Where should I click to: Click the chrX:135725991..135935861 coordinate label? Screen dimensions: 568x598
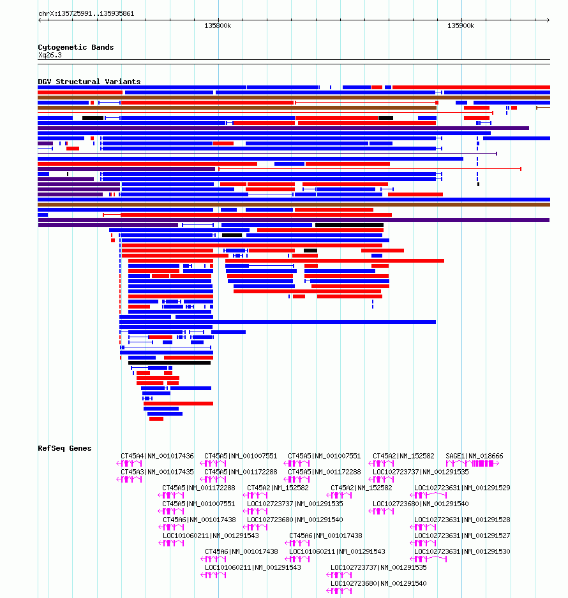point(86,14)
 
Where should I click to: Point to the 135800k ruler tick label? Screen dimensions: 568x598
point(218,26)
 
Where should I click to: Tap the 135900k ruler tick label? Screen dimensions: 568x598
point(461,26)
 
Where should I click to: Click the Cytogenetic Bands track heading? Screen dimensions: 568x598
point(75,47)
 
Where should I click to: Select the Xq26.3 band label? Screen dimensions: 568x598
point(50,55)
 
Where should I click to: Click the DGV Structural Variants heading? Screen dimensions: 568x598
point(89,82)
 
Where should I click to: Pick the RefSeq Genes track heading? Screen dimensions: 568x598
point(64,449)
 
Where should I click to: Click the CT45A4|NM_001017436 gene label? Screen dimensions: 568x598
point(157,456)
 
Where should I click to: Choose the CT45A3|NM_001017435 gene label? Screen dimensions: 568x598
point(157,472)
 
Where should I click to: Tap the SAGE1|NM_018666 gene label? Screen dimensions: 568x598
point(474,456)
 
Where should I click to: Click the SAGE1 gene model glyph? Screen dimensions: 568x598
point(472,463)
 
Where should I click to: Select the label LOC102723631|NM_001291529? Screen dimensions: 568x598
point(462,488)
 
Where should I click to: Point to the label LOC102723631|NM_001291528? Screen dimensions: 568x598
point(462,520)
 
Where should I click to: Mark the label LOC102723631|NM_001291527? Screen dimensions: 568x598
point(462,536)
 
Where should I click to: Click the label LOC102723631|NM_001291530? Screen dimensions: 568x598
point(462,552)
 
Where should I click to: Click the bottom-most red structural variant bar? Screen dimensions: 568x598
point(156,419)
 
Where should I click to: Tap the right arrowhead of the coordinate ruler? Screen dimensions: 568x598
point(548,20)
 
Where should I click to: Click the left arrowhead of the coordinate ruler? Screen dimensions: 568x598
point(40,20)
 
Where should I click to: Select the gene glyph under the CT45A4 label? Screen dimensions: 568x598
point(129,463)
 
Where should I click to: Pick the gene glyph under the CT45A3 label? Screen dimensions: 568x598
point(129,479)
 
